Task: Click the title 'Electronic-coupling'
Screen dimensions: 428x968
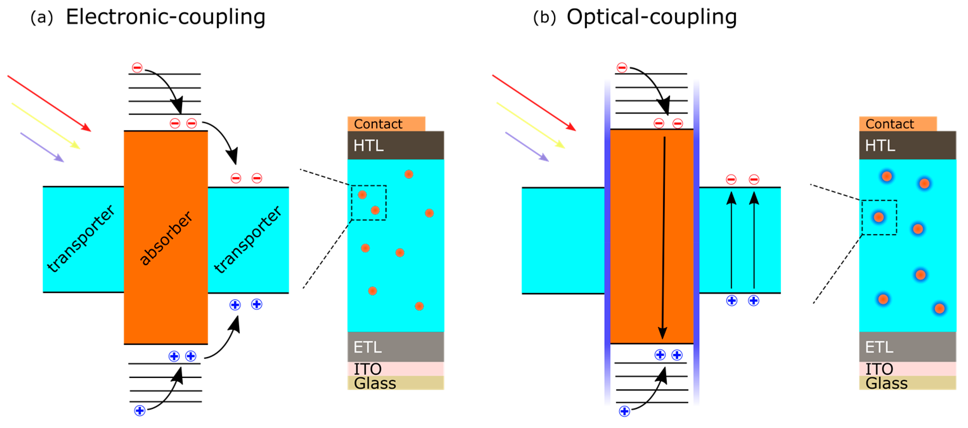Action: point(165,17)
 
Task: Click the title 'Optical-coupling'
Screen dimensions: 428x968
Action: point(651,17)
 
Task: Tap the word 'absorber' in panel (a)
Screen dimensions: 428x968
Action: point(166,238)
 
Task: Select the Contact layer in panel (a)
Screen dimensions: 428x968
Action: point(386,124)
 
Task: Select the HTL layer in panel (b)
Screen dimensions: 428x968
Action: point(907,145)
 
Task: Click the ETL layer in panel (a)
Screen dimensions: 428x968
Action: point(395,347)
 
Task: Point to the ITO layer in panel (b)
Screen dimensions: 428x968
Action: point(907,369)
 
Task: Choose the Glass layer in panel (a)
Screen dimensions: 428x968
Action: point(395,383)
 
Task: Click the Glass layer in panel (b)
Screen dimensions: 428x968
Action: point(907,383)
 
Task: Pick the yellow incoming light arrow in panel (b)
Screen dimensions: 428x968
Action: point(530,125)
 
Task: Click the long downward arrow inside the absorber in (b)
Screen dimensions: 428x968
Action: point(663,237)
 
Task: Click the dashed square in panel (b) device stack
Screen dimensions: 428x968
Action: point(879,218)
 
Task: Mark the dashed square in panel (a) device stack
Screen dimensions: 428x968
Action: point(369,202)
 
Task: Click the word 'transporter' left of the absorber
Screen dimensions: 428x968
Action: point(80,238)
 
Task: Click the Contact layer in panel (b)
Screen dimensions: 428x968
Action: point(897,124)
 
